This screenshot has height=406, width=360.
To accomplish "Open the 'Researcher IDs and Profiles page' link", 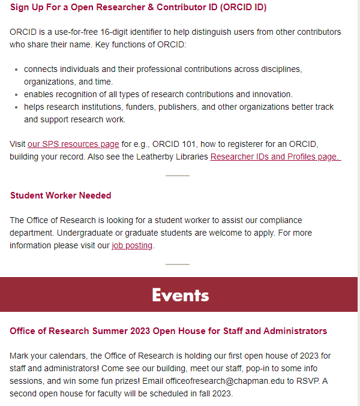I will click(x=275, y=157).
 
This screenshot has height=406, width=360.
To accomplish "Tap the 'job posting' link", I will click(x=132, y=245).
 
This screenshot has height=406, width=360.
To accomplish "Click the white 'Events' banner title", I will click(x=180, y=295).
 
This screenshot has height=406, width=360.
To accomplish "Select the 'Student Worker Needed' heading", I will click(x=61, y=196).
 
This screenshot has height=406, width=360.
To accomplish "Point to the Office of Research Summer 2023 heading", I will click(x=169, y=331).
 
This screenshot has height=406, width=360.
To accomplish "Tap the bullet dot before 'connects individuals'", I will click(x=16, y=70).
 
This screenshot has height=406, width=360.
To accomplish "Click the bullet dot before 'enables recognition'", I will click(x=16, y=95).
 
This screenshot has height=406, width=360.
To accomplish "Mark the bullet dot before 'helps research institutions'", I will click(x=16, y=107).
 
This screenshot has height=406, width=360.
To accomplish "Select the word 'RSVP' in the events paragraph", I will click(x=320, y=381).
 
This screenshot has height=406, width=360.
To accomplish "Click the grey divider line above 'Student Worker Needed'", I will click(x=178, y=176).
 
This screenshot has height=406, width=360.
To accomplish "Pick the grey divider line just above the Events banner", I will click(x=178, y=264).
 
